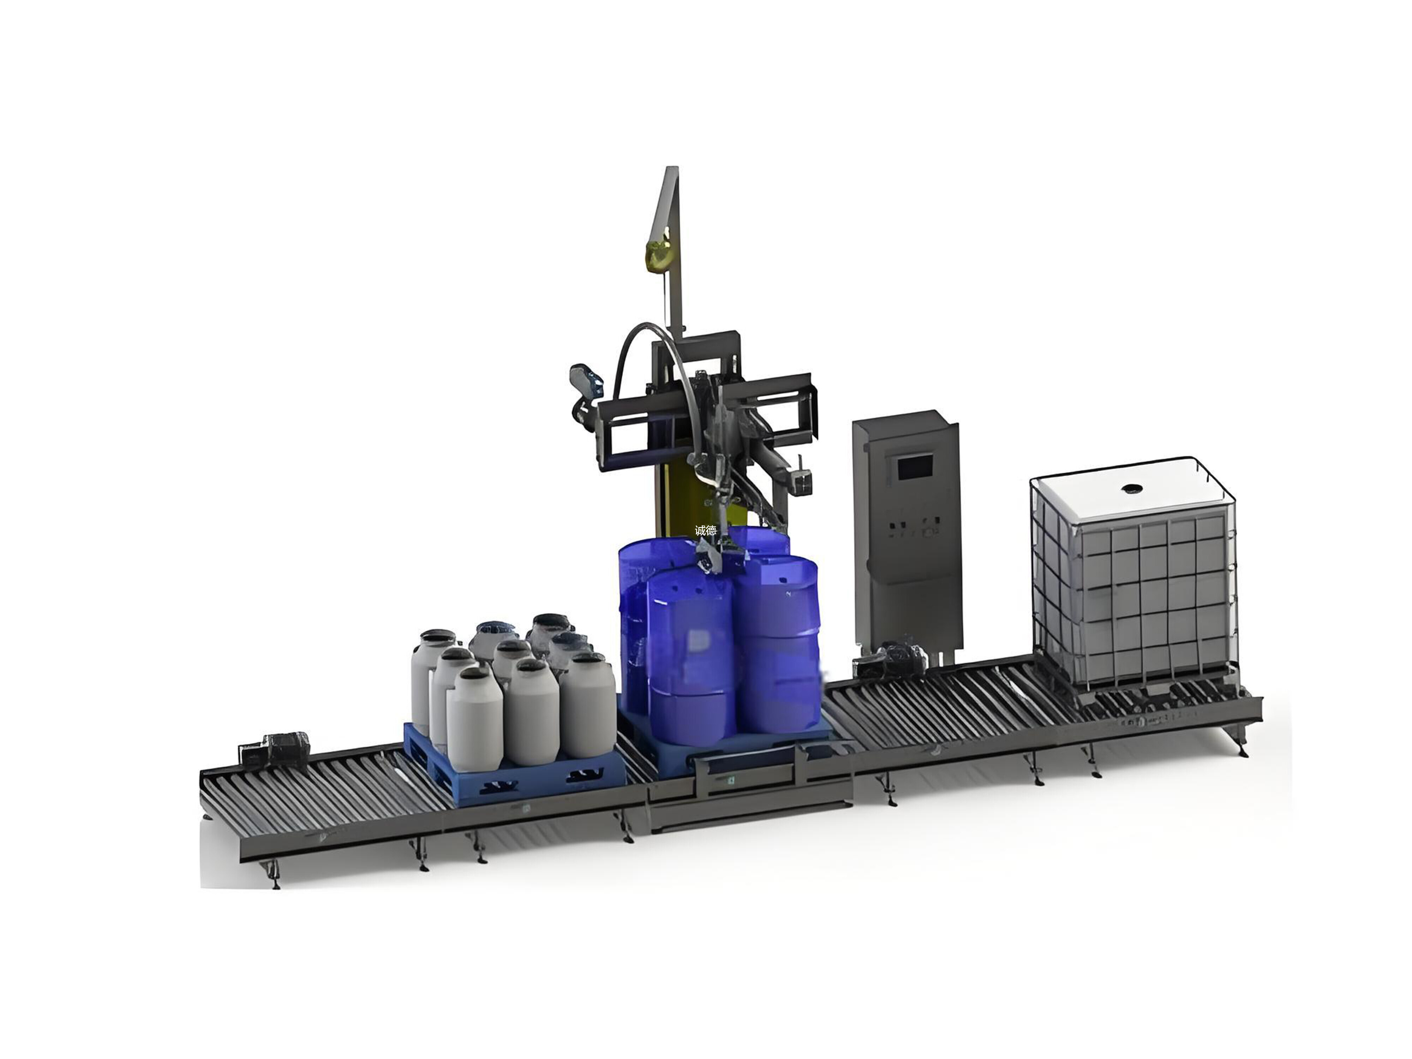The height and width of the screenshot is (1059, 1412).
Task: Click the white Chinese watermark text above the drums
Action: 705,530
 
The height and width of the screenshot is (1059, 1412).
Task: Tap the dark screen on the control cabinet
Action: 915,468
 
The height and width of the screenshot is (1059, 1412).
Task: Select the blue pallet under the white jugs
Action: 514,763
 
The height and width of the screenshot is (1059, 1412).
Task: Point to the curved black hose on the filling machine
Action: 651,364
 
